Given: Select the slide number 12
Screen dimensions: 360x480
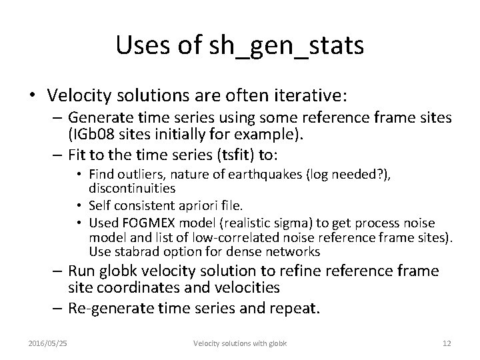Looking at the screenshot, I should (x=446, y=342).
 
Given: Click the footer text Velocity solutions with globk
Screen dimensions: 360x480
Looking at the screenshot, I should (x=240, y=342).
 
